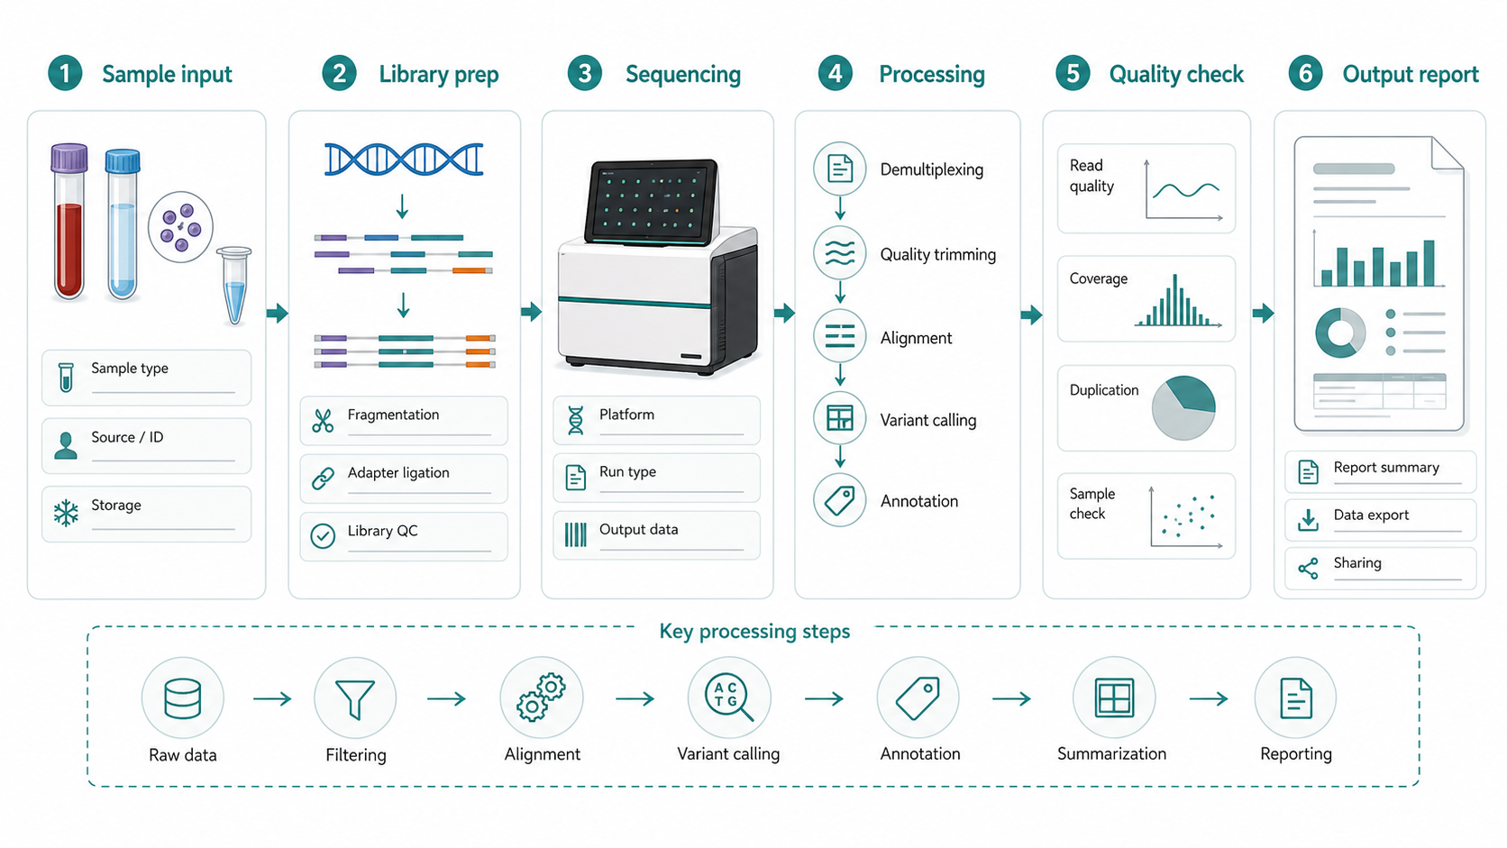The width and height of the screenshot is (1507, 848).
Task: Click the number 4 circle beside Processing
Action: click(x=835, y=73)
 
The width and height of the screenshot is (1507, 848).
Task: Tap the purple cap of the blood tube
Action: click(x=69, y=158)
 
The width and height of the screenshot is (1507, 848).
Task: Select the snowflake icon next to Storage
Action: click(x=66, y=513)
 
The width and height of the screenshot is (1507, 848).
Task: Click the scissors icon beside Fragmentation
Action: click(x=323, y=421)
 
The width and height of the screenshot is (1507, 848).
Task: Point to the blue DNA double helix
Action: click(x=404, y=160)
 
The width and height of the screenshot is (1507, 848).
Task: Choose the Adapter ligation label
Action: click(x=398, y=473)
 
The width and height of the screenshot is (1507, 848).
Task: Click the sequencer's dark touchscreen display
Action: click(x=651, y=201)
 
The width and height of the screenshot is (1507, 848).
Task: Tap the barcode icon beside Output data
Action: click(x=576, y=534)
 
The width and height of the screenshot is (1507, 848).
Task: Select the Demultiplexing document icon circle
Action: click(x=840, y=169)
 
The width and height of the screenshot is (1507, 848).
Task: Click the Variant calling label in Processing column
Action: click(x=928, y=420)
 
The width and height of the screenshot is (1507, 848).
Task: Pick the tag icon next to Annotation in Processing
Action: click(x=840, y=501)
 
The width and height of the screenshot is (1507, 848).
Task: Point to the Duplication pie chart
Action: click(x=1183, y=407)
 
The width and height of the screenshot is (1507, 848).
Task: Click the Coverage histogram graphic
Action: click(x=1177, y=301)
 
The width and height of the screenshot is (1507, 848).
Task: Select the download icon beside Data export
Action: click(x=1308, y=520)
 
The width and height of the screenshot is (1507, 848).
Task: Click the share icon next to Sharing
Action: click(x=1308, y=569)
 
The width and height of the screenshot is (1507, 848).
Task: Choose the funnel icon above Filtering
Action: click(x=355, y=699)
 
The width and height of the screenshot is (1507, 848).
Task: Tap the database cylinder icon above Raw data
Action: click(x=182, y=699)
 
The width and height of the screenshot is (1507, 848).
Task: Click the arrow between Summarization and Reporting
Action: click(x=1209, y=699)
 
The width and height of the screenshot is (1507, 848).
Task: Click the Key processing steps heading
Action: click(x=754, y=632)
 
